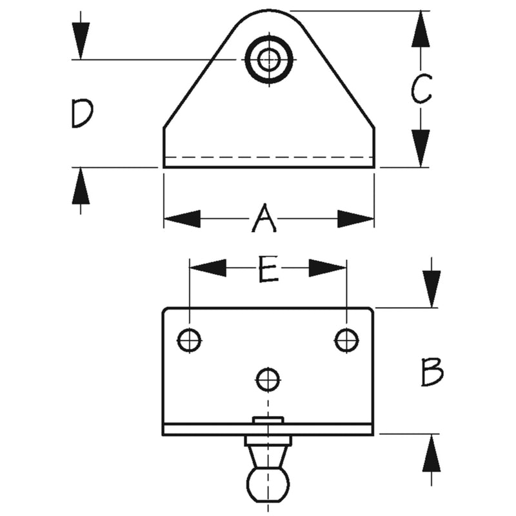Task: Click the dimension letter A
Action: tap(264, 218)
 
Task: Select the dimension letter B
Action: tap(432, 372)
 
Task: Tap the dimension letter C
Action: tap(421, 88)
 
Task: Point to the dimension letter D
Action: tap(83, 114)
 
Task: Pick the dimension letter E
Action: tap(268, 268)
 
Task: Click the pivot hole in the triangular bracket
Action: tap(269, 60)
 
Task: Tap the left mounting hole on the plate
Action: tap(189, 341)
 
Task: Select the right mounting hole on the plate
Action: tap(346, 341)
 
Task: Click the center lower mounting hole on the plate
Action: tap(268, 379)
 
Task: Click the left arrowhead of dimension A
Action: tap(182, 219)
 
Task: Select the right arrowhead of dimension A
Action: tap(356, 219)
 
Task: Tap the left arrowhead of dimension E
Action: tap(208, 268)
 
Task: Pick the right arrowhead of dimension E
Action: tap(328, 268)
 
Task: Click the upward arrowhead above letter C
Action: tap(421, 29)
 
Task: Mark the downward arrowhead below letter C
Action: tap(421, 148)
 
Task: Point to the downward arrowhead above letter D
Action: tap(81, 41)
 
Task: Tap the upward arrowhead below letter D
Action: tap(81, 186)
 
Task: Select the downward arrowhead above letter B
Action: tap(432, 289)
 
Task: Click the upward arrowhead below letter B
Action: tap(432, 453)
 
